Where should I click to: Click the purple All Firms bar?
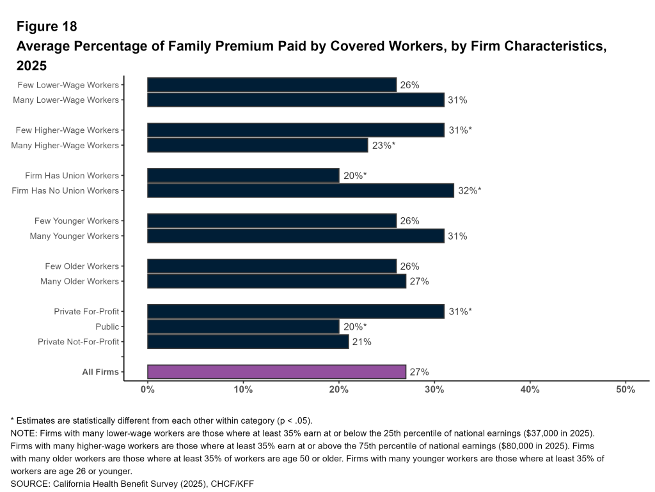click(x=276, y=372)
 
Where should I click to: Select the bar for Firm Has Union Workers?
click(x=243, y=176)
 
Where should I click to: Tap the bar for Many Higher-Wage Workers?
click(x=257, y=145)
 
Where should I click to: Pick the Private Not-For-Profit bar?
click(x=248, y=342)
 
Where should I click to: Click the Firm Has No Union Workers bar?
click(x=301, y=190)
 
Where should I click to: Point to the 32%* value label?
click(x=470, y=190)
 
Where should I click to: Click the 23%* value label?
click(x=383, y=145)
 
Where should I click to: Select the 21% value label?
click(x=362, y=342)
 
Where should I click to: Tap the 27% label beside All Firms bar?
click(x=419, y=372)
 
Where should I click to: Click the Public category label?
click(x=107, y=327)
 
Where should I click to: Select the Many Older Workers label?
click(x=80, y=281)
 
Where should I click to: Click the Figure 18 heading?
click(x=47, y=26)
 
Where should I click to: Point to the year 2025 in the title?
click(x=32, y=66)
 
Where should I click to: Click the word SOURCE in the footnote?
click(x=30, y=483)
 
